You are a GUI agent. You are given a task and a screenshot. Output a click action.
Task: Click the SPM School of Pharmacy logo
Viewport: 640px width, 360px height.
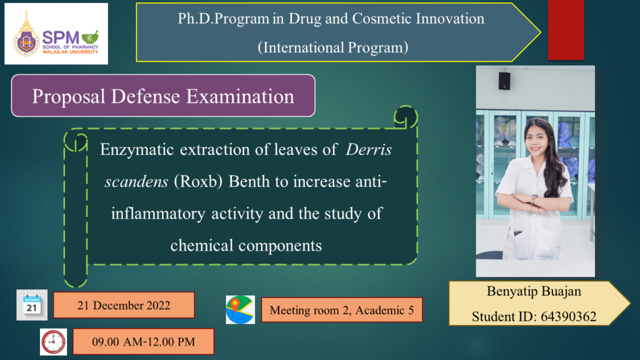(56, 34)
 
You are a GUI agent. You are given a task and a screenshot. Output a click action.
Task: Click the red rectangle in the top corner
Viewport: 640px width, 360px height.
(566, 30)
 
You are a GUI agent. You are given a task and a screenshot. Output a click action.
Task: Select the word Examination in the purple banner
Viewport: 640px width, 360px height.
(241, 97)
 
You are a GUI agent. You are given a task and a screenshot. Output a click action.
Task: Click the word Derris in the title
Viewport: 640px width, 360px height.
(369, 150)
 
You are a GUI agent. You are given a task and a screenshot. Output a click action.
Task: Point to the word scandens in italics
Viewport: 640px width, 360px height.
(136, 182)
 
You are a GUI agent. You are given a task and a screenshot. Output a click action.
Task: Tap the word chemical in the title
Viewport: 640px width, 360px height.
(201, 246)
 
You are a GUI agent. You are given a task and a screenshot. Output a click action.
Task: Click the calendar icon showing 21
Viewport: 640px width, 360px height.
(32, 305)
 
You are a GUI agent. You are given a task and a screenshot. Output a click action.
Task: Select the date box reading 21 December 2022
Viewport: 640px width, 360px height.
(124, 305)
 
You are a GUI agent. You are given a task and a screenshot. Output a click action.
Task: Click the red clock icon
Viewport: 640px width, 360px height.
(54, 342)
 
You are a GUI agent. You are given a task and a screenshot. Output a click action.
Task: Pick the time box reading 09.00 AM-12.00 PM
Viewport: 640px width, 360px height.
(143, 342)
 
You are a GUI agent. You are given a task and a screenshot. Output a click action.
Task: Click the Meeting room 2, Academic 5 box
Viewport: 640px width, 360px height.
(342, 310)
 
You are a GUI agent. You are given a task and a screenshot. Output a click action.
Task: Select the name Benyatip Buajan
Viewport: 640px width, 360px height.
(534, 291)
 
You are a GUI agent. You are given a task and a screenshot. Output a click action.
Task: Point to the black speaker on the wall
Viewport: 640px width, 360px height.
(504, 81)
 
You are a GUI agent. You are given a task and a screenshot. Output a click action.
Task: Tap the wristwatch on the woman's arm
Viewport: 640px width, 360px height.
(534, 199)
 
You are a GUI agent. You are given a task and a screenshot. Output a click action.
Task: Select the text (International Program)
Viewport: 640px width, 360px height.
(332, 47)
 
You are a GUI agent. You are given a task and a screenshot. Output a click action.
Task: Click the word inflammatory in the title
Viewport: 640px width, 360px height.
(158, 214)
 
